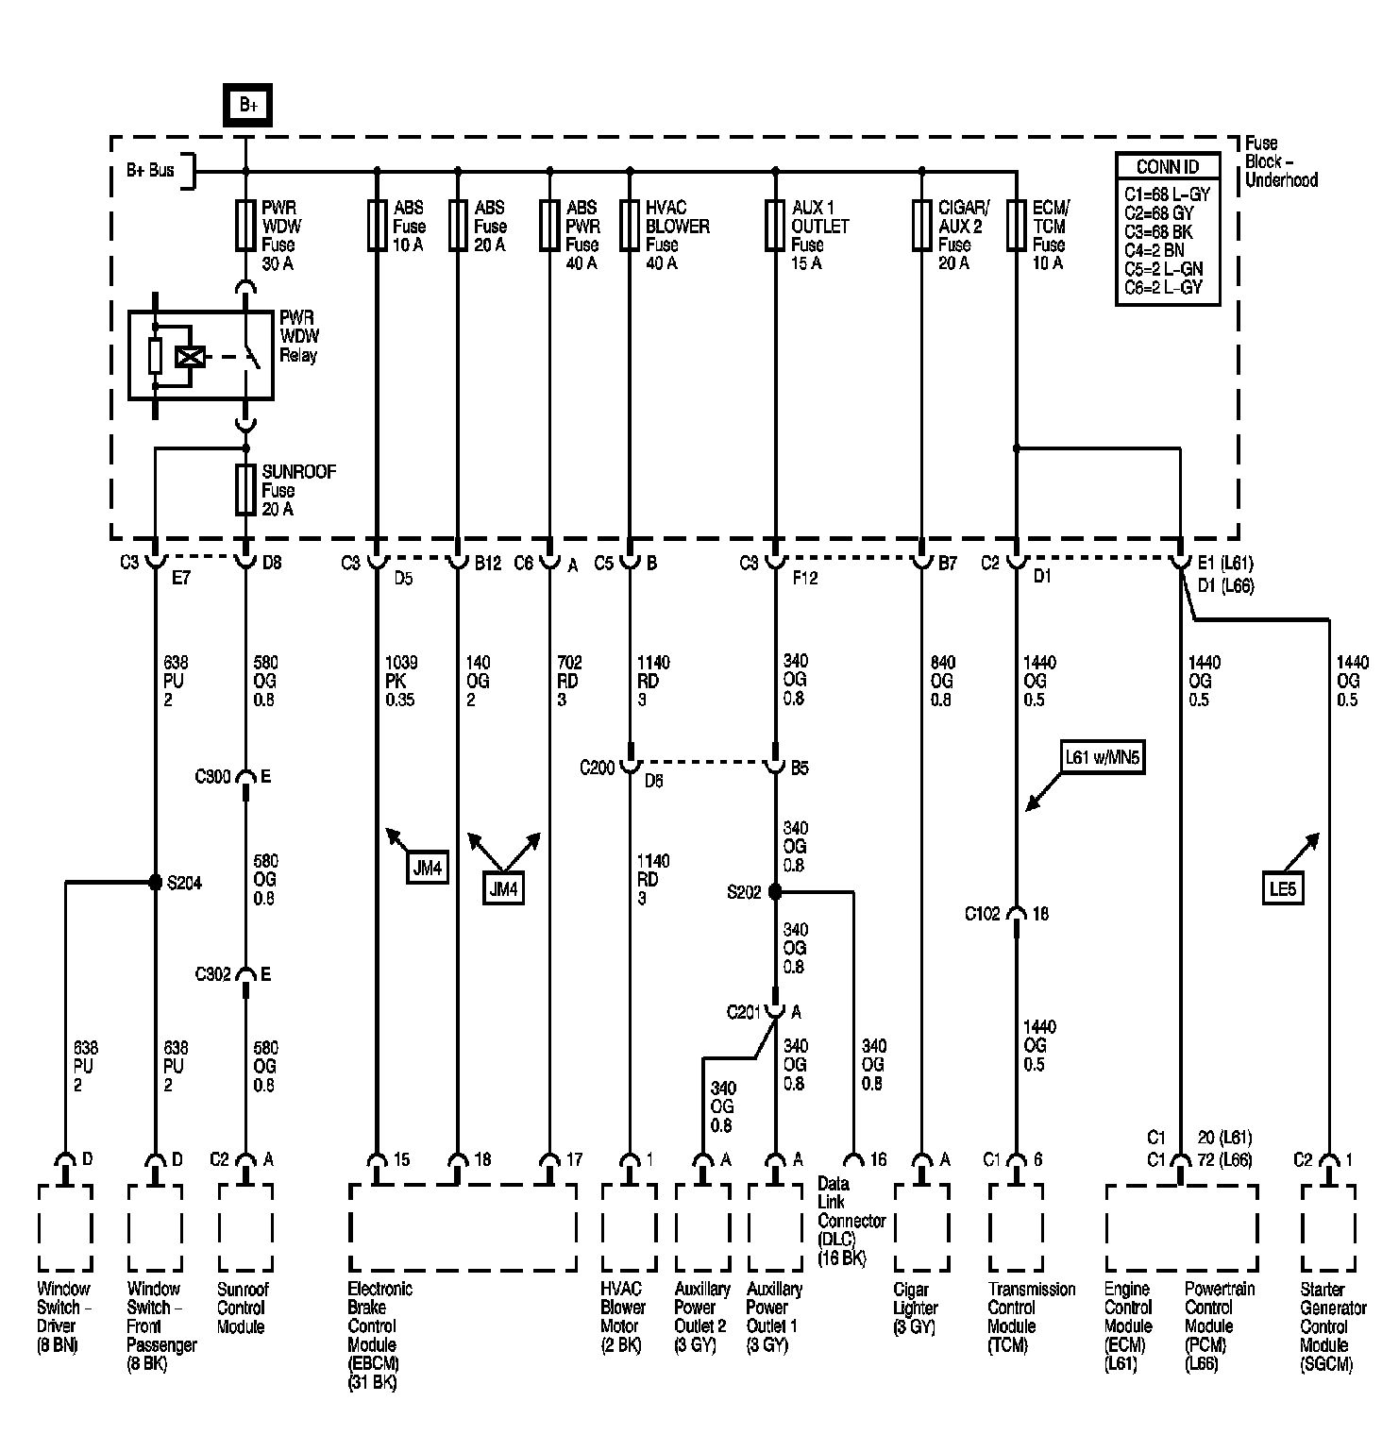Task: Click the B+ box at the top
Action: click(x=247, y=105)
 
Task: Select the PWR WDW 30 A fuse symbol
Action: click(x=245, y=225)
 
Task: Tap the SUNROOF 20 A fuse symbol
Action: click(x=245, y=489)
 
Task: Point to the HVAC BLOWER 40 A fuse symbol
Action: click(x=630, y=225)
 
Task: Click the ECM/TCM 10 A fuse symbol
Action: click(x=1016, y=225)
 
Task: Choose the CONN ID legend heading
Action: click(x=1168, y=167)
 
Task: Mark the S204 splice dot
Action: click(x=156, y=883)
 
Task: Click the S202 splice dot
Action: click(x=775, y=891)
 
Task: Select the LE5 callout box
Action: click(x=1283, y=888)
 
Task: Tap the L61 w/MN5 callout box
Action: click(x=1103, y=758)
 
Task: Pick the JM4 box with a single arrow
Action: click(x=427, y=868)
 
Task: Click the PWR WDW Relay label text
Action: click(x=299, y=336)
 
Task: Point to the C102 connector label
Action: click(x=982, y=914)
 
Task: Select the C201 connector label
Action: click(x=744, y=1013)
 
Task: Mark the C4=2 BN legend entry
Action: click(x=1155, y=250)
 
